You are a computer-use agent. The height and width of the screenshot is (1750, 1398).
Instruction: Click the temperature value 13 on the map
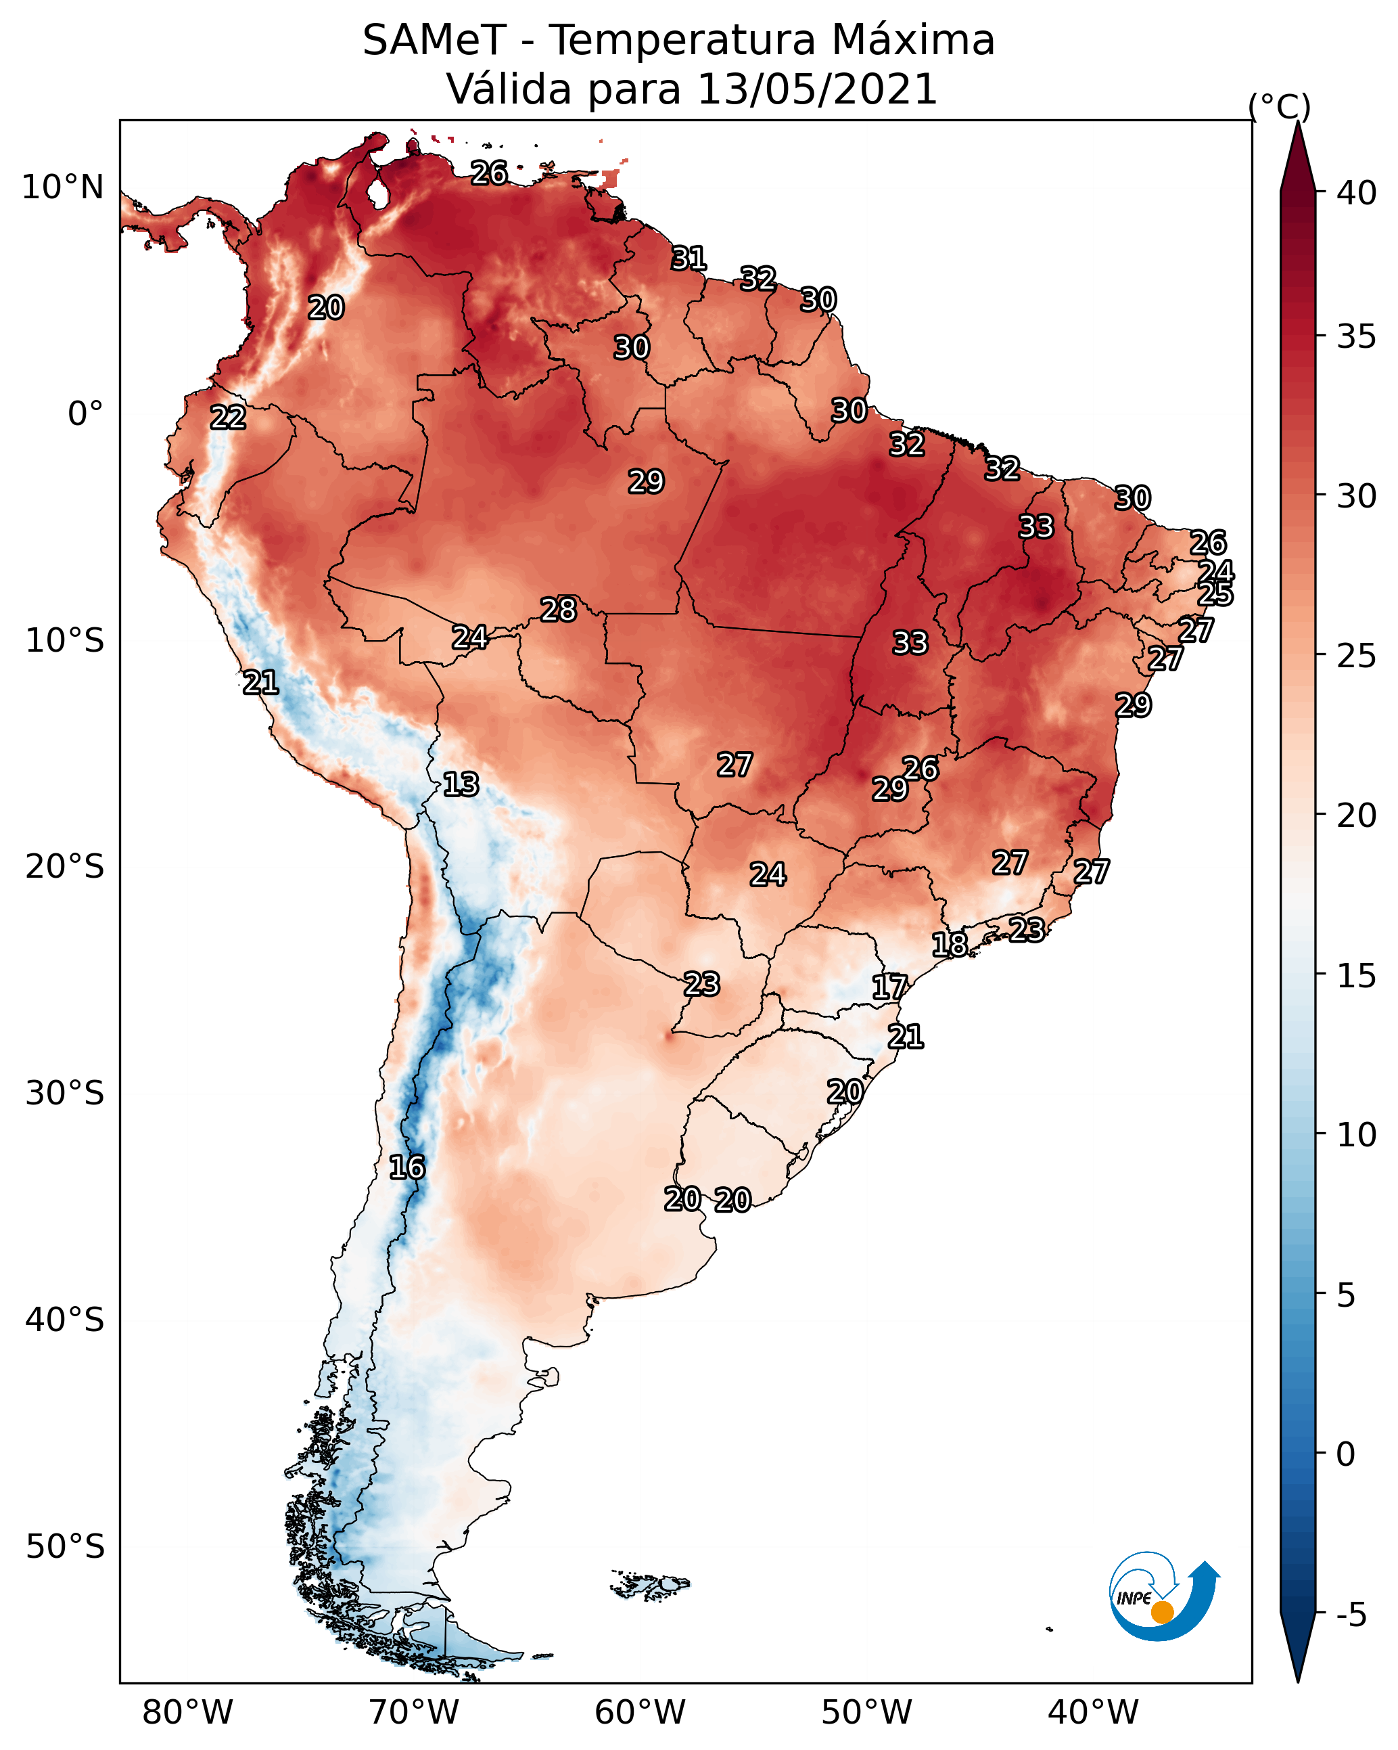[x=461, y=784]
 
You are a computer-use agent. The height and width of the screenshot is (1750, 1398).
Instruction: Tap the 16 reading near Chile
[x=406, y=1167]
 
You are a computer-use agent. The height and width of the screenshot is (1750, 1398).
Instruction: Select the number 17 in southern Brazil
[x=889, y=987]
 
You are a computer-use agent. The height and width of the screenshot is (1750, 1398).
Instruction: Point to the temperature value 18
[x=950, y=944]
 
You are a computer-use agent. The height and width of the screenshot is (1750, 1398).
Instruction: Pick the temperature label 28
[x=558, y=610]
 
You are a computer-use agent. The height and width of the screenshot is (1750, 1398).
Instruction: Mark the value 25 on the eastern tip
[x=1215, y=594]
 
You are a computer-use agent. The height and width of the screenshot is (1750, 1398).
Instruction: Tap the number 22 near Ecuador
[x=228, y=418]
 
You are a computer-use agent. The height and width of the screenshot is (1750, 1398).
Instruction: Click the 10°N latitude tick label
[x=62, y=187]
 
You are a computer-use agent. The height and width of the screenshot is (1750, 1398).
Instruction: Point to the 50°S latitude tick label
[x=65, y=1546]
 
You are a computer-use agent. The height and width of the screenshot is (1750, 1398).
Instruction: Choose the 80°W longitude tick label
[x=187, y=1713]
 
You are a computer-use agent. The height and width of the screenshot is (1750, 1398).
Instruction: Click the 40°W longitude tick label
[x=1093, y=1713]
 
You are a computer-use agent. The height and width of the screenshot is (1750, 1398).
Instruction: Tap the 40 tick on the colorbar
[x=1356, y=193]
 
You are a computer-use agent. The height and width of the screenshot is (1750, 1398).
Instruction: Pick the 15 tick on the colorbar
[x=1356, y=976]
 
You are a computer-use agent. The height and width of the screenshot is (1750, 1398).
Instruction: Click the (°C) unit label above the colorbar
[x=1279, y=106]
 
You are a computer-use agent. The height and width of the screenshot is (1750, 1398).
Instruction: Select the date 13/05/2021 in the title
[x=817, y=89]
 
